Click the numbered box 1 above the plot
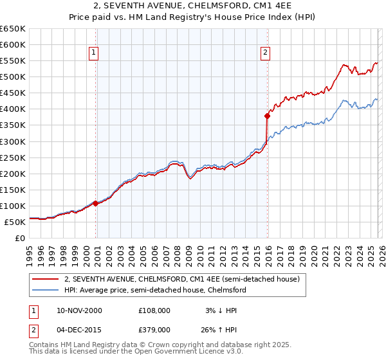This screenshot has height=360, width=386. tap(94, 53)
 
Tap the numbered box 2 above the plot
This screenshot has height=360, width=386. tap(265, 53)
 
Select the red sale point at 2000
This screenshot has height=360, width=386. tap(96, 203)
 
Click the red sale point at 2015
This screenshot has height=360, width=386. tap(266, 116)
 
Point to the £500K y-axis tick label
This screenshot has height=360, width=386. tap(13, 76)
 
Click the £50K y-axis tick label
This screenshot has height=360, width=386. tap(15, 222)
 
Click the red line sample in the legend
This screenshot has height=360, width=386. tap(45, 279)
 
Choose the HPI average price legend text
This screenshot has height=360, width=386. tap(155, 290)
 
